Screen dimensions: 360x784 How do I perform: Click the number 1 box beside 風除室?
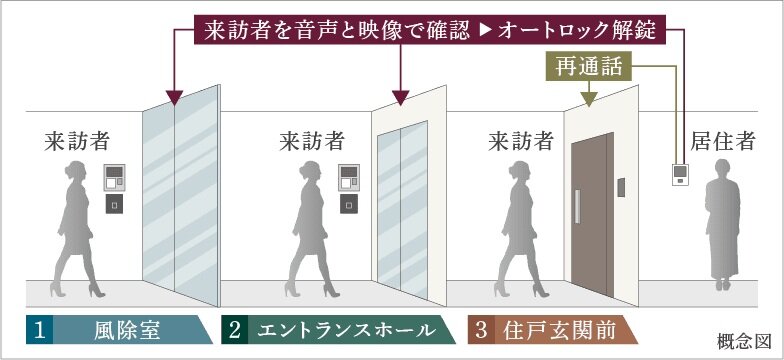[38, 330]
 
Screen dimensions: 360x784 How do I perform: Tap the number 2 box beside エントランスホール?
[234, 330]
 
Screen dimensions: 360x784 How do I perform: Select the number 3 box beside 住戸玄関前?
[481, 330]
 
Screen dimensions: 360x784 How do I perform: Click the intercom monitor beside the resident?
[681, 176]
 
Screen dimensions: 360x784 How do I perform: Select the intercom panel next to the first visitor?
[116, 181]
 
